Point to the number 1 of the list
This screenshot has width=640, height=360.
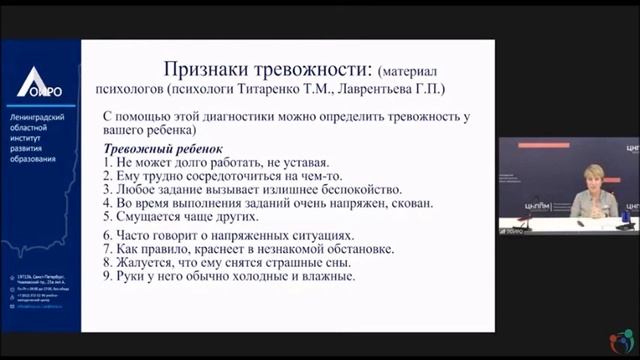(x=109, y=161)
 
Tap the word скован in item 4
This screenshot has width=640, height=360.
(x=406, y=203)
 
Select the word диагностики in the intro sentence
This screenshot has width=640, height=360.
(x=243, y=117)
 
